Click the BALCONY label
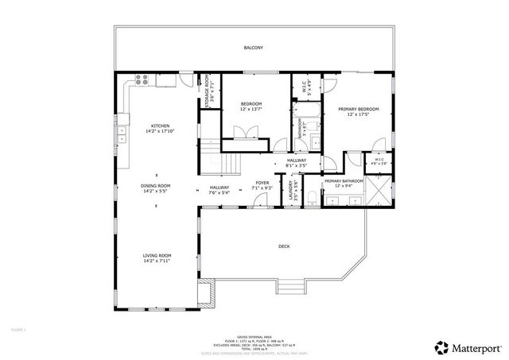pos(253,48)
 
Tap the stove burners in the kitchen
pos(142,79)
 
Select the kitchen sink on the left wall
pos(122,137)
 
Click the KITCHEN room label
pos(160,129)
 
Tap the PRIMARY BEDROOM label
pos(357,111)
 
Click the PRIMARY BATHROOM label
pos(344,184)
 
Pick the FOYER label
pos(262,184)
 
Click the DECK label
pos(284,246)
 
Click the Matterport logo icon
pos(441,346)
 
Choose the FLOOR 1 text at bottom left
pos(19,328)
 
